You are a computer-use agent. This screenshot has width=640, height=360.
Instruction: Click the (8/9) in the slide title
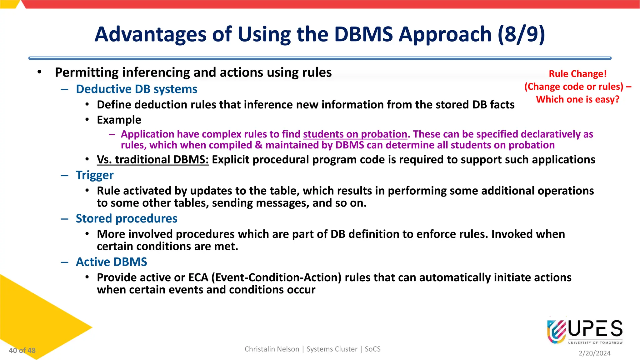(x=521, y=34)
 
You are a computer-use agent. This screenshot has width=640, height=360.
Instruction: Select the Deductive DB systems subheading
(x=137, y=89)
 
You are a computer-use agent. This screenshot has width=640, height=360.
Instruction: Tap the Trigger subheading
(x=95, y=175)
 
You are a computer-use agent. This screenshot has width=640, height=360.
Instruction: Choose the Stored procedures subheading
(x=127, y=218)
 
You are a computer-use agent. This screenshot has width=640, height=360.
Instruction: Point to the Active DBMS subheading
(x=112, y=262)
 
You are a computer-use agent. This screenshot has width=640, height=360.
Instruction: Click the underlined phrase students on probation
(x=355, y=134)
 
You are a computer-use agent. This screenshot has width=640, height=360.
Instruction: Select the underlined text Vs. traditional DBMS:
(x=152, y=160)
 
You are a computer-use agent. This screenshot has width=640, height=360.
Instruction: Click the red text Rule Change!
(x=577, y=74)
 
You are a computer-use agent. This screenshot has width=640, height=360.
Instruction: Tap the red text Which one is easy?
(x=577, y=99)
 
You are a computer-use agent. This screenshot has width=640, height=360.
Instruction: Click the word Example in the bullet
(x=119, y=120)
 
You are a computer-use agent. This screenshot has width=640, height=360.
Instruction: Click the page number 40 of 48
(x=22, y=350)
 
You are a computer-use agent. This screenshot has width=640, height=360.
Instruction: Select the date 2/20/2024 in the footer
(x=594, y=353)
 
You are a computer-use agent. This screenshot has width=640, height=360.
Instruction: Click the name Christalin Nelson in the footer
(x=272, y=349)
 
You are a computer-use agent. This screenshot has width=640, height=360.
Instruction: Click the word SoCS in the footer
(x=372, y=349)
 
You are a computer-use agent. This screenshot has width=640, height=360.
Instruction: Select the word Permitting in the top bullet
(x=87, y=72)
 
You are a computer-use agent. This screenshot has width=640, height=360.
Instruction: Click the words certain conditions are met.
(x=167, y=247)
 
